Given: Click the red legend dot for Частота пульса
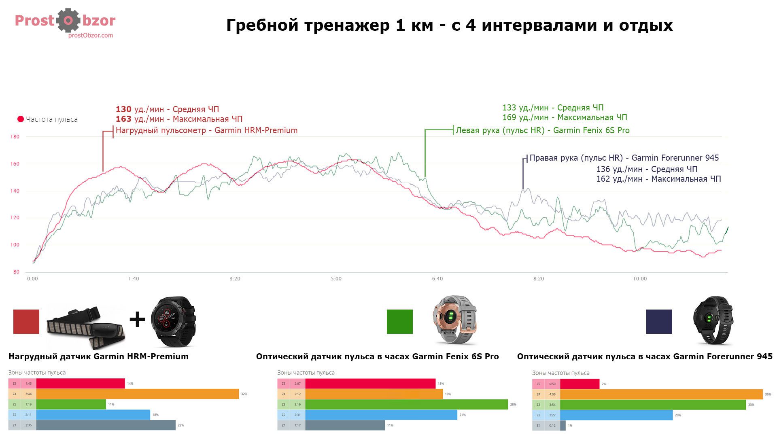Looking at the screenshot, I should pos(21,119).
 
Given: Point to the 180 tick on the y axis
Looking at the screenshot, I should pos(15,137).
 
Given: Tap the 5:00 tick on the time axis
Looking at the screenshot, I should pos(336,279).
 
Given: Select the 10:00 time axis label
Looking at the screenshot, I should pos(640,279).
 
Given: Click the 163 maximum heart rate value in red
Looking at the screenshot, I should pos(123,119).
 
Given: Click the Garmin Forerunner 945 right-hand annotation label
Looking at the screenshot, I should pos(624,158).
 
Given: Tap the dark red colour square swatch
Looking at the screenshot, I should pos(26,322).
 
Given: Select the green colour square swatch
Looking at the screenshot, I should pos(400,322).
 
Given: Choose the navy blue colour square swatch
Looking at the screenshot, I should pos(659,322).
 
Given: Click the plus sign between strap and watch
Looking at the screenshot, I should pos(137,320).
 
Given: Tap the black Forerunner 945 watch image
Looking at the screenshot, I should pos(712,320).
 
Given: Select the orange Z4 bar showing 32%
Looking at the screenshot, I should pos(138,394).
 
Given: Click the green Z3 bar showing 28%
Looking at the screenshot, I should pos(406,404).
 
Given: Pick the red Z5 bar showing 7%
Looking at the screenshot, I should pos(580,384).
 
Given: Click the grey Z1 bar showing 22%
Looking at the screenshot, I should pos(106,425).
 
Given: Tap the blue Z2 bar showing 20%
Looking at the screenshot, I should pos(616,415).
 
